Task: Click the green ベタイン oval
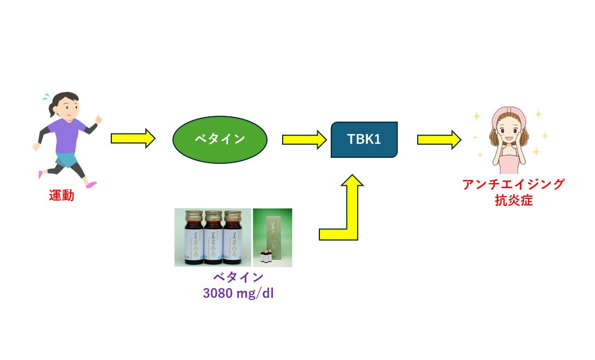[219, 139]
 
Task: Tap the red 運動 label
[61, 196]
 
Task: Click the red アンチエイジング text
[513, 184]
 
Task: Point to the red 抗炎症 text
[513, 201]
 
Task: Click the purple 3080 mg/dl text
[234, 295]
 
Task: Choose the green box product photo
[272, 238]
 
